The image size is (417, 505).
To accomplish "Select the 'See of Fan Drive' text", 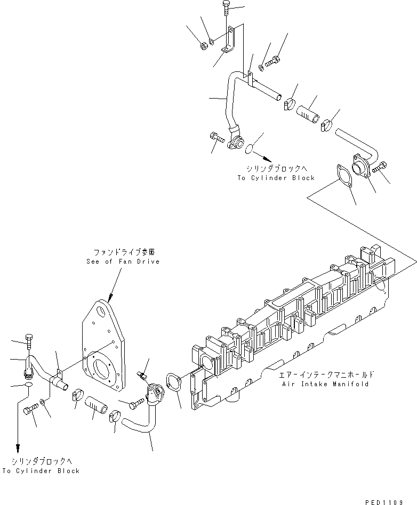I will [x=123, y=262].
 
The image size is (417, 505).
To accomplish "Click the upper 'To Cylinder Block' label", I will [x=276, y=178].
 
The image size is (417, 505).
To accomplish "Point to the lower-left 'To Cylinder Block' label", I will [x=41, y=471].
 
